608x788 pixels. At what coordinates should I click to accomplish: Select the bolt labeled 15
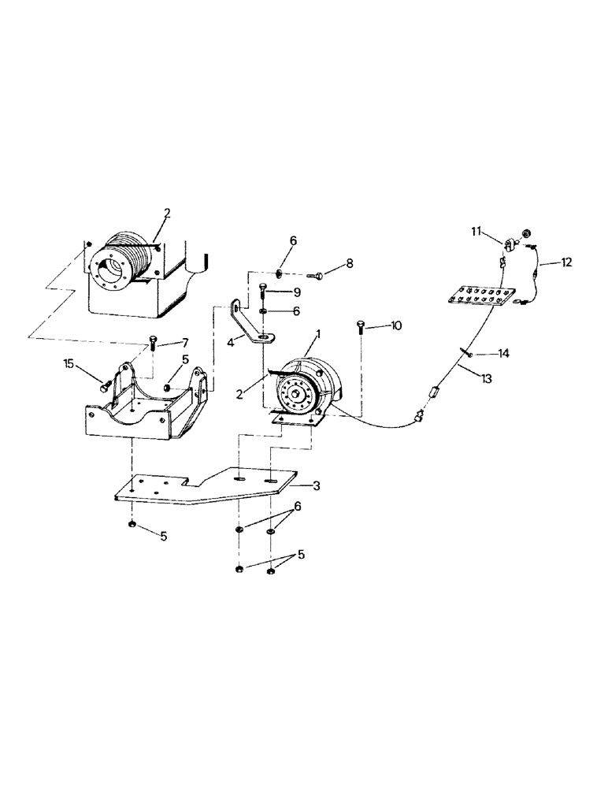pyautogui.click(x=106, y=386)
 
